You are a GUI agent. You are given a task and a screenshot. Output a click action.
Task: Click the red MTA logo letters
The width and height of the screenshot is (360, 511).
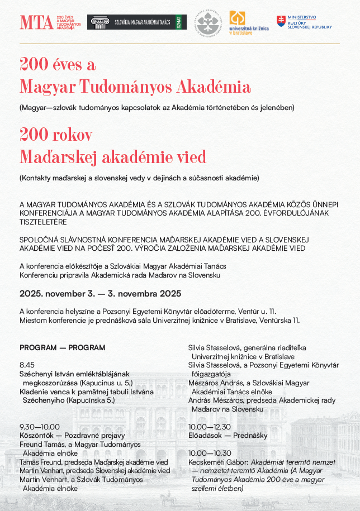tap(36, 22)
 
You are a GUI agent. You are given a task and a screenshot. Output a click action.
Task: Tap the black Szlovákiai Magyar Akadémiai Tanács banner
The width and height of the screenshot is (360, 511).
tap(137, 22)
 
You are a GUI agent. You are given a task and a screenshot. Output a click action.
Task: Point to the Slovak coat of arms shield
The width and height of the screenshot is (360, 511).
tap(281, 22)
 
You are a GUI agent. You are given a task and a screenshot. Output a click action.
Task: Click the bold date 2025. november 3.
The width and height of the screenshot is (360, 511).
tap(64, 294)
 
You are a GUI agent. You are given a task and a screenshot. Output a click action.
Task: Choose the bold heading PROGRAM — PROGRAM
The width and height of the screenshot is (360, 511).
tap(62, 347)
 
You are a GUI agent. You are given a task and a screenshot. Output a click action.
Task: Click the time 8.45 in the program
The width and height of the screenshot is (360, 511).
tap(27, 365)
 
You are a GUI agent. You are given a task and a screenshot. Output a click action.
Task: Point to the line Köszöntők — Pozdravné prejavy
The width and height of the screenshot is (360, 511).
tap(72, 436)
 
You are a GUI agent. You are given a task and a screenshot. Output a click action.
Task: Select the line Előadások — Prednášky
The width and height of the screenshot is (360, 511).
tap(228, 436)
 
